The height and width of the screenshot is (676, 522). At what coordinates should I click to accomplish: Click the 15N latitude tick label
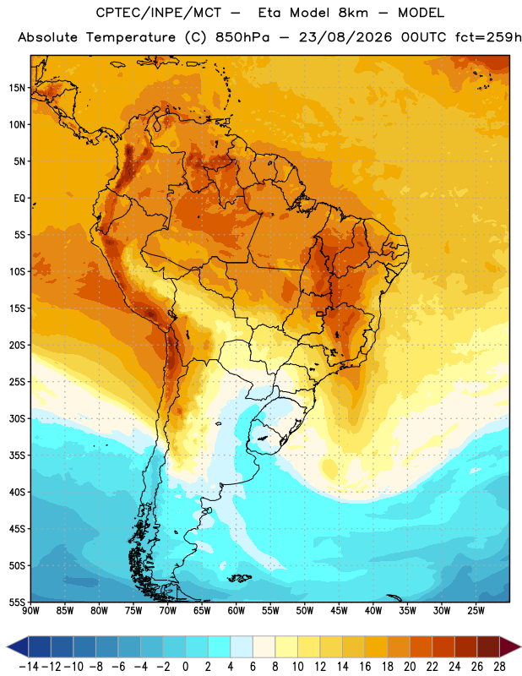(17, 88)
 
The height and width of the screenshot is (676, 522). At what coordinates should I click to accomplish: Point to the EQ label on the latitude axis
(19, 199)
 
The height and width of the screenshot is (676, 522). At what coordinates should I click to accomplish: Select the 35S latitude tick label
(17, 455)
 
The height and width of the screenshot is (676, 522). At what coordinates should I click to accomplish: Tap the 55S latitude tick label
(17, 602)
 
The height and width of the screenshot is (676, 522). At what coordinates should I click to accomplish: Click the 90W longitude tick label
(31, 610)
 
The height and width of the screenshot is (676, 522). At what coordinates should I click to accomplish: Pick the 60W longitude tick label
(237, 610)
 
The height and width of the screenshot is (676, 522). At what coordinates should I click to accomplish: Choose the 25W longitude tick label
(476, 610)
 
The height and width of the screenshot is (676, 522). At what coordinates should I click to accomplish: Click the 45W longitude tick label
(339, 610)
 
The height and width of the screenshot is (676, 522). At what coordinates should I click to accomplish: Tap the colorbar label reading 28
(499, 667)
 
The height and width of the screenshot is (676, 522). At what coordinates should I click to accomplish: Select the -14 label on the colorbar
(29, 667)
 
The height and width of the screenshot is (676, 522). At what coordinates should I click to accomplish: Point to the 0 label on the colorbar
(185, 667)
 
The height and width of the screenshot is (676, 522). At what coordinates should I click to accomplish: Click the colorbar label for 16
(365, 667)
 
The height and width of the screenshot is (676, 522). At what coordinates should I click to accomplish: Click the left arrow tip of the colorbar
(7, 646)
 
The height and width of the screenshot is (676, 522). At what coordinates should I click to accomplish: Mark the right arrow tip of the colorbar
(520, 646)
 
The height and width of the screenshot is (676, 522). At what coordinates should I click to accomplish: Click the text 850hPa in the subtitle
(242, 37)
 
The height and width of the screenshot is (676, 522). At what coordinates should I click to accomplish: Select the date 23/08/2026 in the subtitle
(345, 37)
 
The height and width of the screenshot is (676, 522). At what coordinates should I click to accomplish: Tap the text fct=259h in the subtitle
(489, 37)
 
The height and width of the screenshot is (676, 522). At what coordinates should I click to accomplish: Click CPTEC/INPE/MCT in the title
(158, 13)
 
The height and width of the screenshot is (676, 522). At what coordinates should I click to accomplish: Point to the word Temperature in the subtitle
(131, 38)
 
